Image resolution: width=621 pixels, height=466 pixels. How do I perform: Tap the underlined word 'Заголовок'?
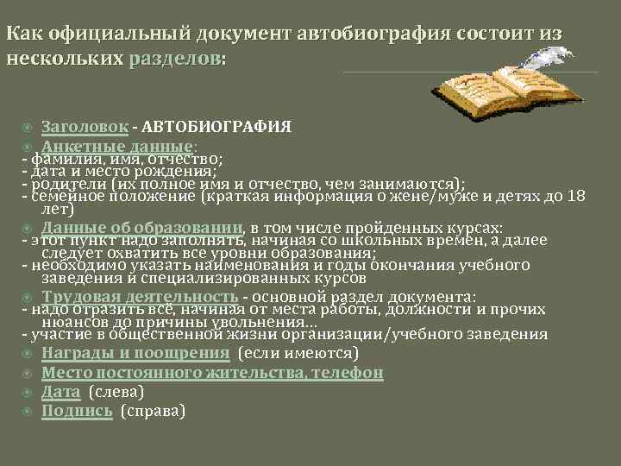[x=85, y=127]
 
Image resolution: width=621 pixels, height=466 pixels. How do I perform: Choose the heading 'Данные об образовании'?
[x=143, y=228]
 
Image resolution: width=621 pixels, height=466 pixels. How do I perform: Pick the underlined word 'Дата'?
[x=61, y=392]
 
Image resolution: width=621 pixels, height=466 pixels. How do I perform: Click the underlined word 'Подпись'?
[x=77, y=411]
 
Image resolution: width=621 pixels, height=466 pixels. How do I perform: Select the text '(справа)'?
[x=153, y=411]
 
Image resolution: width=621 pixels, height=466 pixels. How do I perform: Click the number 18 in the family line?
[x=575, y=196]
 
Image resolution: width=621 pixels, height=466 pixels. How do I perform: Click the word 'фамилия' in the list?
[x=60, y=160]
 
